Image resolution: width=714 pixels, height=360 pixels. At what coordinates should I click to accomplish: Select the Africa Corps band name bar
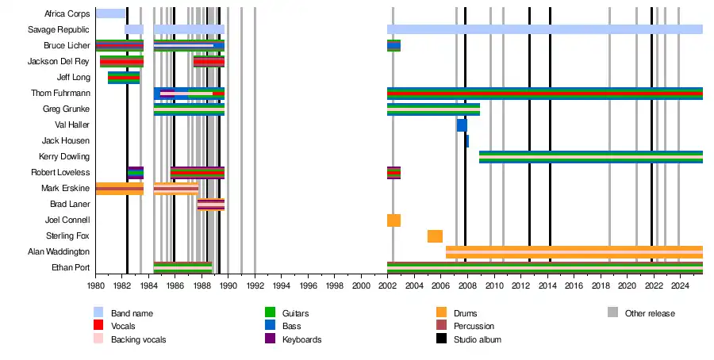(x=110, y=13)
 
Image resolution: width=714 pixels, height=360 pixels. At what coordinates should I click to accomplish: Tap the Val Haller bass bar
(x=462, y=124)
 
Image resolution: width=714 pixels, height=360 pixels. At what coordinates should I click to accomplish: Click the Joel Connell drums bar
(x=393, y=220)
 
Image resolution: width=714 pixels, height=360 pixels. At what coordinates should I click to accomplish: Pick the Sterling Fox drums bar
(x=435, y=236)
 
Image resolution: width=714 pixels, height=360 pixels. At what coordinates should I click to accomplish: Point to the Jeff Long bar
(x=124, y=77)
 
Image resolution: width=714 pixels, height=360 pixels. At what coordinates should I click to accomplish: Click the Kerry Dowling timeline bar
(x=590, y=156)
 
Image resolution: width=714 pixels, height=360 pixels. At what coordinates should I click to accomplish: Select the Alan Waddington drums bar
(x=574, y=251)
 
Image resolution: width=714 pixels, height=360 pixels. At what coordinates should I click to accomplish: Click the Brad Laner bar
(x=210, y=204)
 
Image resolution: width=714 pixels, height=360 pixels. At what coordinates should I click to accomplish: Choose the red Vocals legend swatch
(x=98, y=326)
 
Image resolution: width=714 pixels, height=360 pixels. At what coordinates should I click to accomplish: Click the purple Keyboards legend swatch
(x=269, y=339)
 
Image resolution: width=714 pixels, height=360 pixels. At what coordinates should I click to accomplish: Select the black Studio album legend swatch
(x=441, y=339)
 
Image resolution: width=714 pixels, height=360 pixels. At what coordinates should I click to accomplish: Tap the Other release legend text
(x=650, y=313)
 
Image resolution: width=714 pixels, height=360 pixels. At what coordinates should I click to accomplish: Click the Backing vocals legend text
(x=138, y=339)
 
